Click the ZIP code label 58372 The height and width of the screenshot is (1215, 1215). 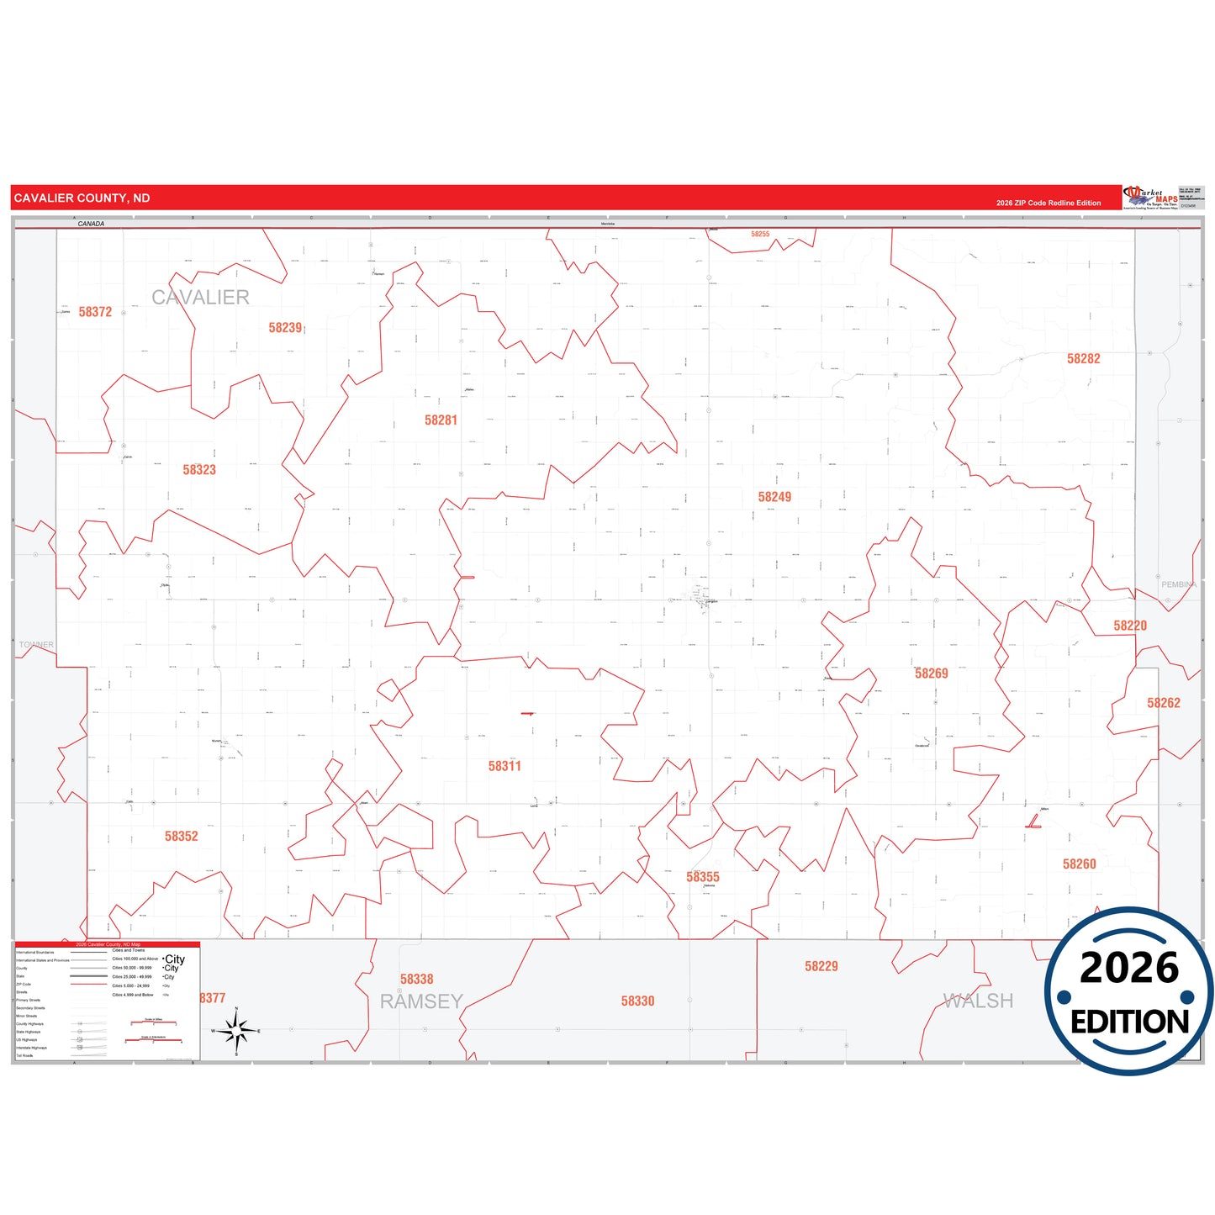tap(95, 312)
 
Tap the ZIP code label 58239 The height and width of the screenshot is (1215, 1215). tap(285, 328)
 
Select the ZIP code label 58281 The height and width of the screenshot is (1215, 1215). tap(441, 420)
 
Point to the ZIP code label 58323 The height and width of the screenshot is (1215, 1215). tap(199, 470)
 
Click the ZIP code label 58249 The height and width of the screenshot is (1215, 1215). tap(774, 497)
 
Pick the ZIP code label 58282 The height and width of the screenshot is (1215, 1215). tap(1083, 359)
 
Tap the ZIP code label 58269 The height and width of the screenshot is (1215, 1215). tap(931, 674)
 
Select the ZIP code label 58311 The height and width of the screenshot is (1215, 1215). tap(504, 766)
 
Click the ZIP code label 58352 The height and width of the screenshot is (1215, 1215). tap(182, 837)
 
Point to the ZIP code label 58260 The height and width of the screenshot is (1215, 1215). tap(1079, 864)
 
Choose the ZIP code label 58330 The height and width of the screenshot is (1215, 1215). tap(637, 1001)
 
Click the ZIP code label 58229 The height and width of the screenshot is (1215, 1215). tap(821, 967)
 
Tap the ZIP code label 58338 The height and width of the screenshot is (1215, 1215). tap(416, 980)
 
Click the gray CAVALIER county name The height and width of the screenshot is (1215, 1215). tap(200, 298)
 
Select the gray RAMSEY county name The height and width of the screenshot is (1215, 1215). tap(421, 1002)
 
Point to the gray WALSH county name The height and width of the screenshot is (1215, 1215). tap(978, 1001)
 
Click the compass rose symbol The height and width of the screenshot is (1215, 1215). tap(236, 1030)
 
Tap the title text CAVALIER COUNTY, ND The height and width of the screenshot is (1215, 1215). tap(82, 198)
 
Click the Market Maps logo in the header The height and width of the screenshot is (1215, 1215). tap(1150, 198)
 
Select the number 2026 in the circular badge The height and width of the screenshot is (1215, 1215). tap(1128, 968)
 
